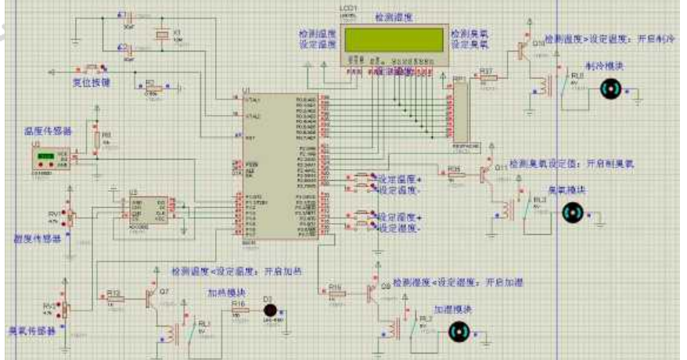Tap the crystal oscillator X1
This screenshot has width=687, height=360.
[x=161, y=35]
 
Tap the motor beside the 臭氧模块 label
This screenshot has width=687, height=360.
[x=575, y=211]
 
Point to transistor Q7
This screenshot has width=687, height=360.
[x=151, y=297]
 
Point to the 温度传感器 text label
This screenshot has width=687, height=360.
[x=49, y=131]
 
